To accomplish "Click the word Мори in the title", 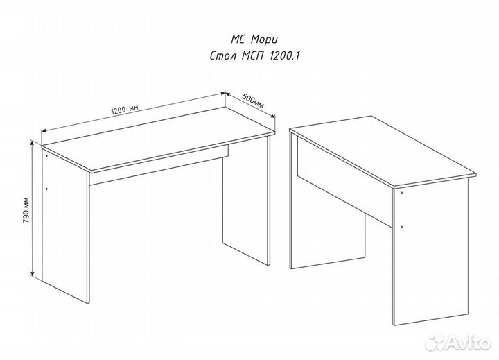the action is coord(264,40).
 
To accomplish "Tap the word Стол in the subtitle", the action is coord(223,56).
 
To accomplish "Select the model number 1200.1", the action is coord(285,56).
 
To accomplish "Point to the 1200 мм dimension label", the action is coord(125,110).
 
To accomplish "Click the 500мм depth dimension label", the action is coord(253,101).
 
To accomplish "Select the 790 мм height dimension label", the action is coord(26,210).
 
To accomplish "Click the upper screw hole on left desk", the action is coord(46,156).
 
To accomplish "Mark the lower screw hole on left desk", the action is coord(47,189).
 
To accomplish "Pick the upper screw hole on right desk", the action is coord(401,193).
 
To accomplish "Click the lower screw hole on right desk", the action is coord(402,227).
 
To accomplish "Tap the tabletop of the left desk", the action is coord(159,139).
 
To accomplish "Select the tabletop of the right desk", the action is coord(383,151).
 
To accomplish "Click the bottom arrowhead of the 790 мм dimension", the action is coord(32,273).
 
